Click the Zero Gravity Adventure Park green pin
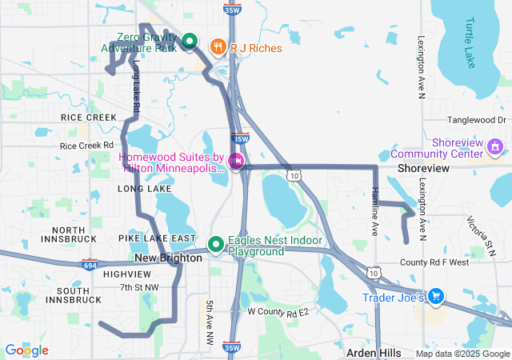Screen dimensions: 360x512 click(x=190, y=41)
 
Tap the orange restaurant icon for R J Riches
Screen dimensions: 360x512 click(x=217, y=47)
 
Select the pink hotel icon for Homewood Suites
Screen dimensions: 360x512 click(x=235, y=161)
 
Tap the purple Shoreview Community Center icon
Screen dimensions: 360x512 click(x=495, y=146)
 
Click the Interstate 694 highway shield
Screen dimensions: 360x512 click(x=90, y=264)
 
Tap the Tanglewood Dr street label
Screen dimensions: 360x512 click(x=478, y=120)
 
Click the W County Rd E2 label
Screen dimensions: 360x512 click(x=278, y=310)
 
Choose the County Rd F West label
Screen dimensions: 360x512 click(x=434, y=262)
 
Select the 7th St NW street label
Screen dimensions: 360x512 click(x=139, y=286)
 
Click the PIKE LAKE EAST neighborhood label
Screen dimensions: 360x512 click(x=157, y=238)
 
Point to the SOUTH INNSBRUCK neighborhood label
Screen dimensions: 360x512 click(x=74, y=294)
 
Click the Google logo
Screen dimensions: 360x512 click(x=27, y=350)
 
